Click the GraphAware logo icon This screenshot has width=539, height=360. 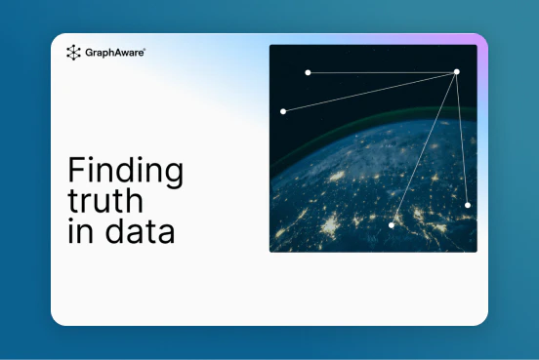73,53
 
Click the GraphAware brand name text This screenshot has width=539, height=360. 114,53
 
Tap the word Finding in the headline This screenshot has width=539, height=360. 125,171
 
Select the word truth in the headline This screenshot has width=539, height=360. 105,200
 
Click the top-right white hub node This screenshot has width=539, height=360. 457,72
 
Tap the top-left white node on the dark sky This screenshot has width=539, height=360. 308,72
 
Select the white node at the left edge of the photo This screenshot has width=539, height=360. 283,111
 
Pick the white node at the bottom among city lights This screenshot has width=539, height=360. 392,225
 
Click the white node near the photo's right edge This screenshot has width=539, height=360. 468,205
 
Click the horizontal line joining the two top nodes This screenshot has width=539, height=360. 382,72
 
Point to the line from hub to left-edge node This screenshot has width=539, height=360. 370,92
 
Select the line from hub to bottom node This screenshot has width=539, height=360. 424,148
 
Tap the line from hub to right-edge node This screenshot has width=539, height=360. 462,139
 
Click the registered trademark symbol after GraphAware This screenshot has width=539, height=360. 145,50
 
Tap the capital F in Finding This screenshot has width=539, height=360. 77,170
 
